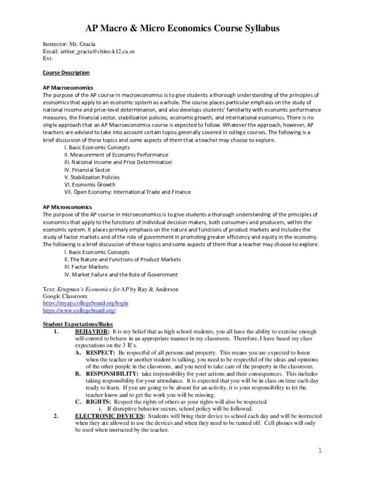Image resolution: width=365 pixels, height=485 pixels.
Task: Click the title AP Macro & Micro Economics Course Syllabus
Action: tap(182, 28)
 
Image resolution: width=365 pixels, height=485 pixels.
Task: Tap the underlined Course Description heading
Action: tap(66, 72)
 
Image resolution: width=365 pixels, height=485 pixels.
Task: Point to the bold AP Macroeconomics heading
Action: tap(68, 88)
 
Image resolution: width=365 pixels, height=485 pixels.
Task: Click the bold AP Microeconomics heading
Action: tap(67, 207)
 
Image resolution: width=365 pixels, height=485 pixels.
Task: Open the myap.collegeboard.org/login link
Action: tap(86, 303)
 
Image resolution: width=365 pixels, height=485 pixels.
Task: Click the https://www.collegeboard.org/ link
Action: tap(79, 310)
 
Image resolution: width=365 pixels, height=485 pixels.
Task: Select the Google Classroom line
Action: tap(65, 296)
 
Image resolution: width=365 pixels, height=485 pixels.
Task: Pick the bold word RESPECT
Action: tap(100, 353)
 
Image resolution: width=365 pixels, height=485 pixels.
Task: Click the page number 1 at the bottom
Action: tap(320, 450)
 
